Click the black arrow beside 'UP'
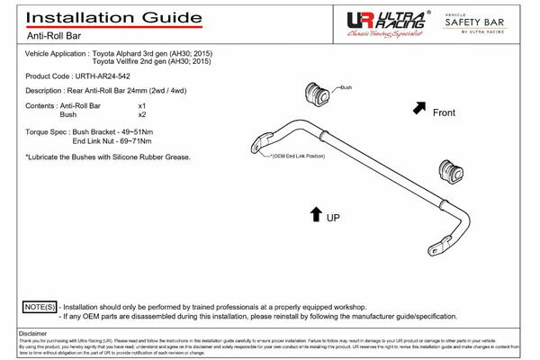coord(315,214)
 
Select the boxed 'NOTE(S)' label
coord(39,307)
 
